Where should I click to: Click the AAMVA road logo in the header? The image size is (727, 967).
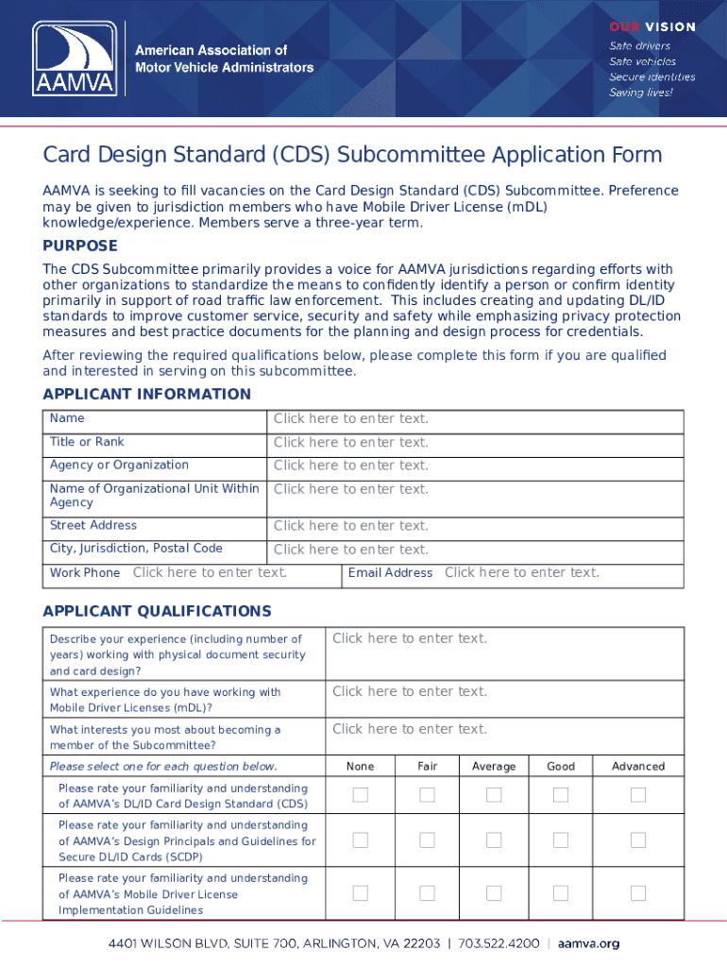point(76,58)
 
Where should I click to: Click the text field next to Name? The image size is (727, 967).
point(350,418)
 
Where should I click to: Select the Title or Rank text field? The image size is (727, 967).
point(350,442)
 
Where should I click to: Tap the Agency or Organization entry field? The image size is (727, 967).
point(350,466)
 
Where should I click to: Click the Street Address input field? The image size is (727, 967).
point(350,526)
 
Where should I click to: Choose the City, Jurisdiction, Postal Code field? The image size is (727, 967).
point(350,550)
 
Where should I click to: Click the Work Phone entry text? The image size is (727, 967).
point(210,572)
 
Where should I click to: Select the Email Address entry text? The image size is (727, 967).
point(521,572)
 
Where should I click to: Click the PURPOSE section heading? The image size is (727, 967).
point(80,246)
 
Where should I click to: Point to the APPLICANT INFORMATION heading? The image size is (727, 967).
point(146,394)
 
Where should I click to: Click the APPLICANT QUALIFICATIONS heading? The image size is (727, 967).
point(157,611)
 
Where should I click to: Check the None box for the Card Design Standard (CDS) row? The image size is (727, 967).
point(360,795)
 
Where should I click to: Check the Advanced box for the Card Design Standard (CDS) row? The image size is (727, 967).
point(638,795)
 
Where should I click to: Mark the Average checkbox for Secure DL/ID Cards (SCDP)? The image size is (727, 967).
point(494,840)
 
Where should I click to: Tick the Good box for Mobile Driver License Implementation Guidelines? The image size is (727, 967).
point(561,892)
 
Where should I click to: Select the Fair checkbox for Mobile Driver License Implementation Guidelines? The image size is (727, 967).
point(427,892)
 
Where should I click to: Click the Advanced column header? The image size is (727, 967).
point(638,767)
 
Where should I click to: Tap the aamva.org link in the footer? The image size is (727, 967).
point(588,943)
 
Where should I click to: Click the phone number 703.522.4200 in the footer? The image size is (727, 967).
point(500,943)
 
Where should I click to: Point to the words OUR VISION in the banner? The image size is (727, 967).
point(651,26)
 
